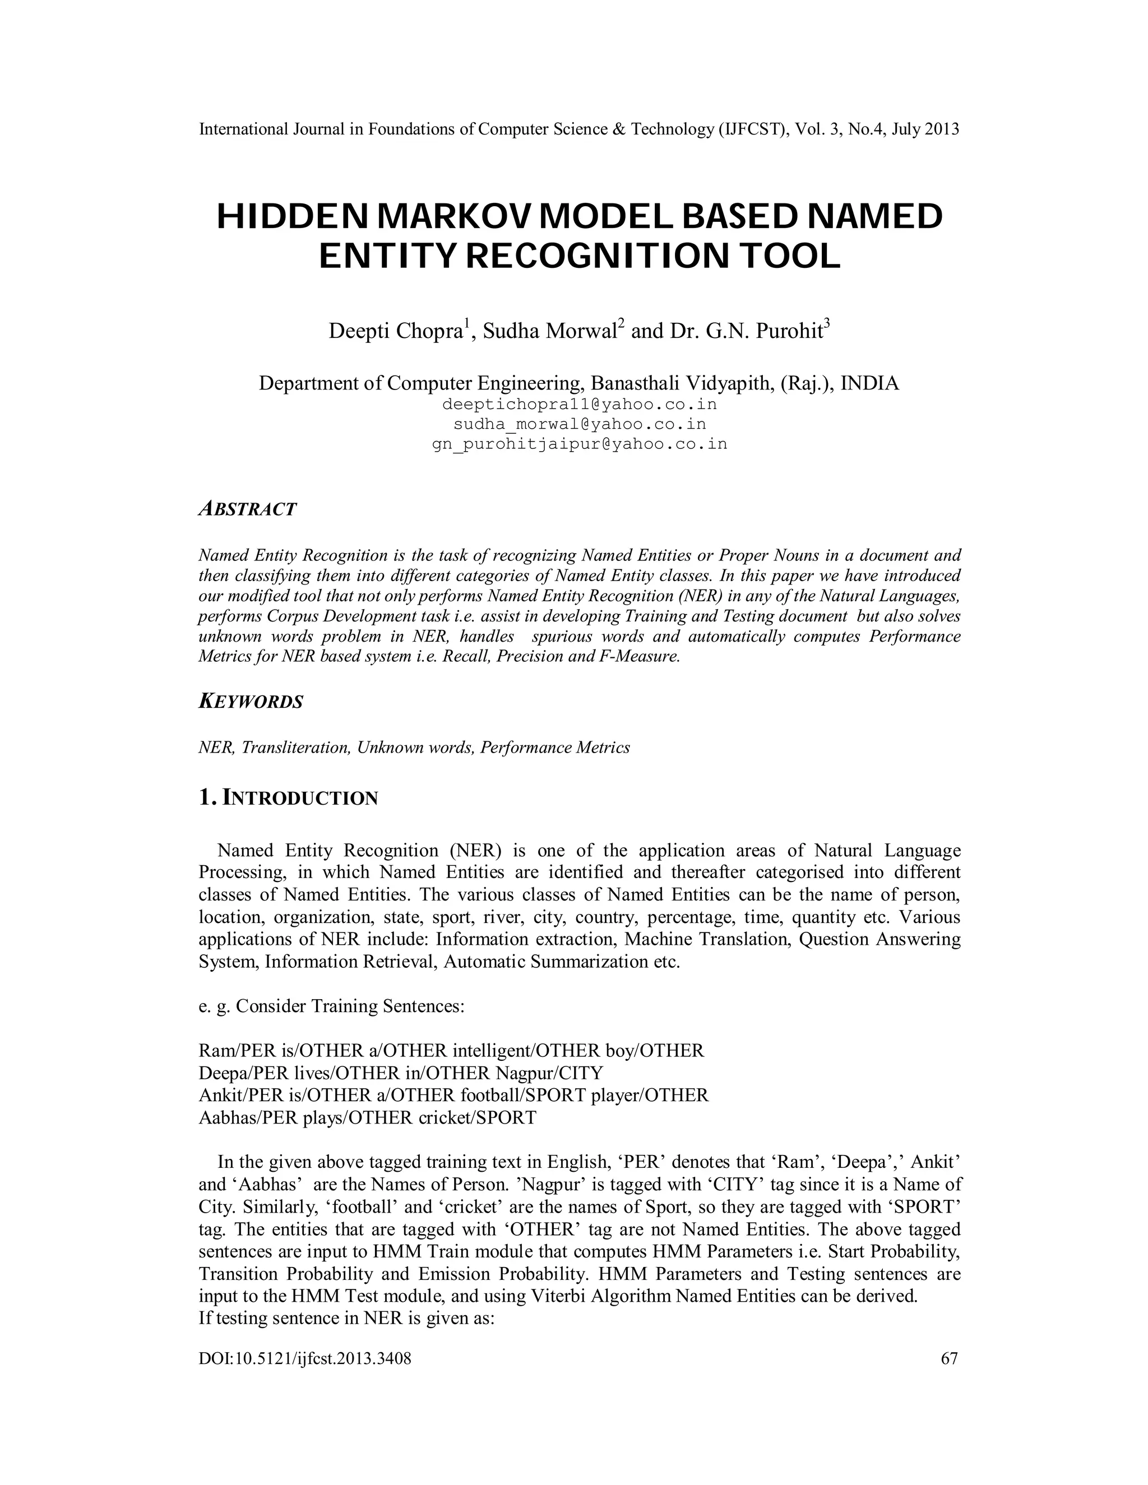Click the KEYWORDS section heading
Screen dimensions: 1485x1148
tap(250, 702)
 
